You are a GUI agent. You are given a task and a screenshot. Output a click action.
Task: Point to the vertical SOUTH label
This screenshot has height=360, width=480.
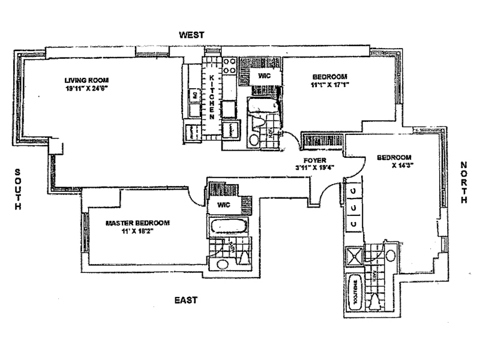[19, 188]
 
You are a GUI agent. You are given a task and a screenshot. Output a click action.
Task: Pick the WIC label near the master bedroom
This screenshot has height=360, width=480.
[224, 205]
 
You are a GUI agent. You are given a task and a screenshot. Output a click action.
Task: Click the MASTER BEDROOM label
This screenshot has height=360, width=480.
[137, 223]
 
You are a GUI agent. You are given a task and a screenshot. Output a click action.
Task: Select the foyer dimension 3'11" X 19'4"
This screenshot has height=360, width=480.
[315, 168]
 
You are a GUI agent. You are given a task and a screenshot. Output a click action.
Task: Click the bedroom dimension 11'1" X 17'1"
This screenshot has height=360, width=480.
[329, 85]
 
